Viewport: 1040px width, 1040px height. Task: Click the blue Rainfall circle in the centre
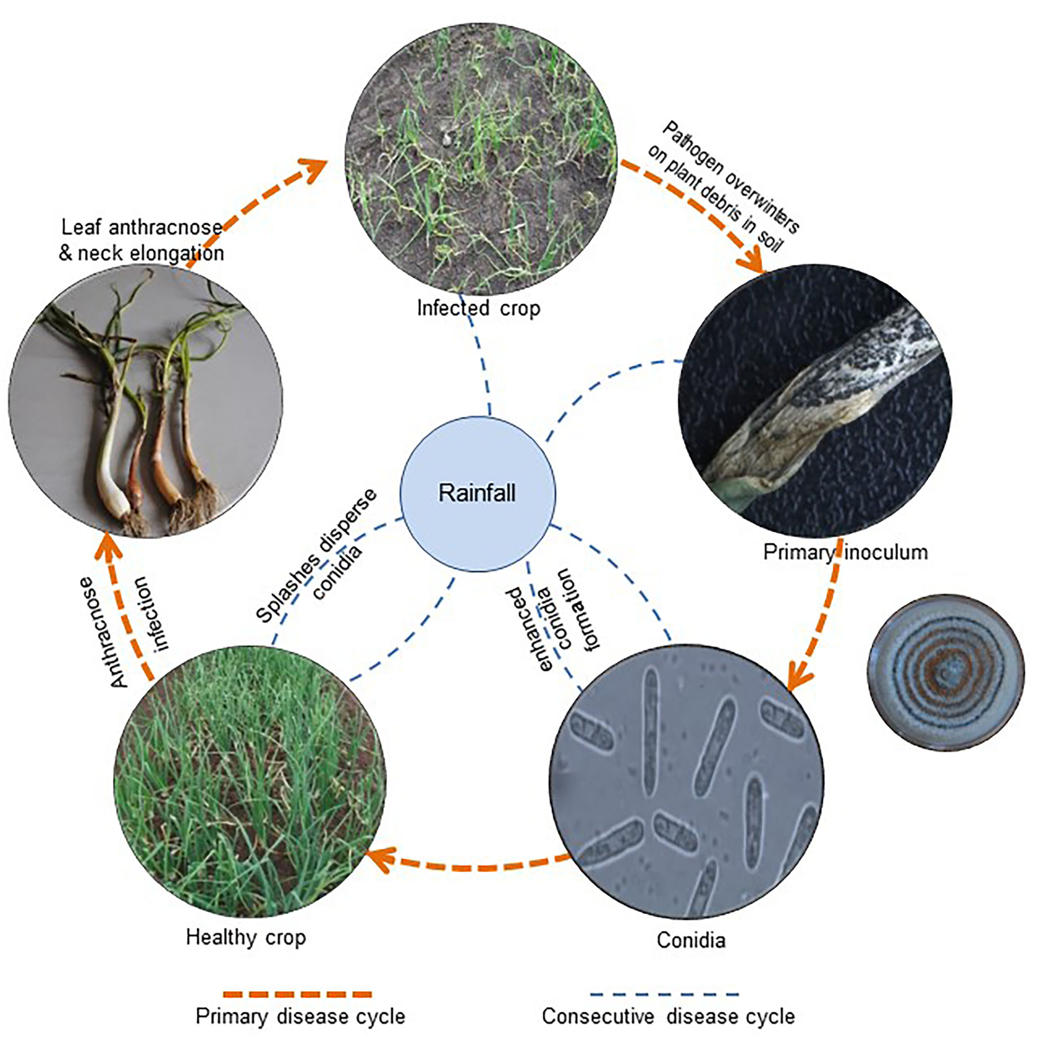point(477,494)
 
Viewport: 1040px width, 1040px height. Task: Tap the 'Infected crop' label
point(478,308)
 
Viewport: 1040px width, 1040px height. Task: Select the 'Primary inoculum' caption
point(845,552)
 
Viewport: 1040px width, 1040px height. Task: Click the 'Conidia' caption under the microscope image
point(691,940)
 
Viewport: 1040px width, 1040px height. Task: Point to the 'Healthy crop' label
point(246,937)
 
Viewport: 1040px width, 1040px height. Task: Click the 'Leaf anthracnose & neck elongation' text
point(141,240)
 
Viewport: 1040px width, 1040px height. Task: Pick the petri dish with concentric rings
point(946,673)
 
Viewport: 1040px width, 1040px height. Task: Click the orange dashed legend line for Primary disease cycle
point(297,994)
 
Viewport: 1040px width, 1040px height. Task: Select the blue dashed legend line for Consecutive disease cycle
point(664,994)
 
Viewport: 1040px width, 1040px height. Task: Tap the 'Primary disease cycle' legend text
point(300,1017)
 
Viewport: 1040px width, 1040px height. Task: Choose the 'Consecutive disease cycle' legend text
point(668,1017)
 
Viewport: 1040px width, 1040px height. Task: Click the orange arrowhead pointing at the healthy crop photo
point(377,860)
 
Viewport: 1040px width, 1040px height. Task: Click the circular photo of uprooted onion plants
point(145,400)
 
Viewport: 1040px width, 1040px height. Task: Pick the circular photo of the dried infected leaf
point(815,400)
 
